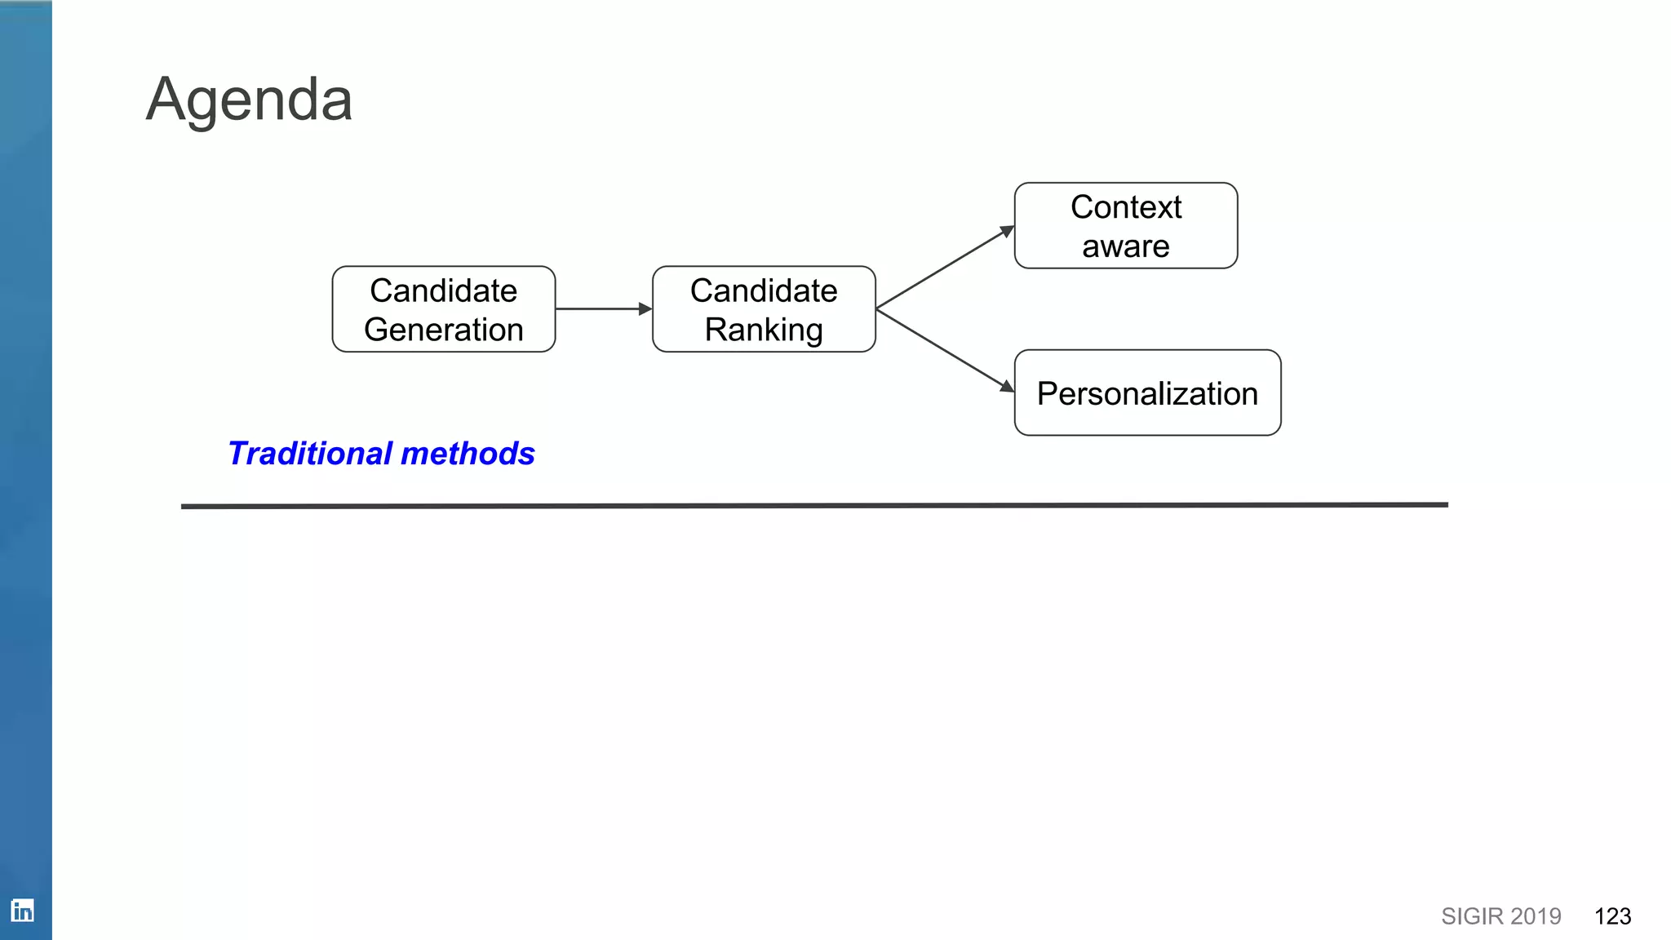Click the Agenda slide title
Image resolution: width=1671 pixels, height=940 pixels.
tap(249, 100)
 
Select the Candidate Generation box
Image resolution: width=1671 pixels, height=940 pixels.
tap(443, 309)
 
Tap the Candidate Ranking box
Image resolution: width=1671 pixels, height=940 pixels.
tap(764, 309)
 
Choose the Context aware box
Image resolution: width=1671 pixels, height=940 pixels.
tap(1126, 226)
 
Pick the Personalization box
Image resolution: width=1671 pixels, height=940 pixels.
tap(1147, 393)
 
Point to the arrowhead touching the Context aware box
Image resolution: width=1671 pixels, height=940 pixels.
tap(1007, 232)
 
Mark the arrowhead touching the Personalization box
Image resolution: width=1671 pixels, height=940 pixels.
tap(1007, 386)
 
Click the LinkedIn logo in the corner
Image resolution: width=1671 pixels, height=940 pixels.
tap(22, 910)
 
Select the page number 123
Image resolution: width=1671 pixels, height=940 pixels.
tap(1612, 916)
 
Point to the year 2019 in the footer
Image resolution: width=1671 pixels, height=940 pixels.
tap(1536, 916)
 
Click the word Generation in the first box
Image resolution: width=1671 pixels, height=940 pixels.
tap(443, 330)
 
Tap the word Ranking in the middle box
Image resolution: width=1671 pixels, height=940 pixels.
tap(764, 330)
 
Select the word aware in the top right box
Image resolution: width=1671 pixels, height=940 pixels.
tap(1126, 246)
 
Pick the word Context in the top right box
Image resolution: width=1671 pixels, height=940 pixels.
tap(1126, 207)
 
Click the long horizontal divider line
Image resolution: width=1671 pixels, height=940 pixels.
tap(814, 506)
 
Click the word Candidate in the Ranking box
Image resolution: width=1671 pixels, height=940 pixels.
tap(764, 290)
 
